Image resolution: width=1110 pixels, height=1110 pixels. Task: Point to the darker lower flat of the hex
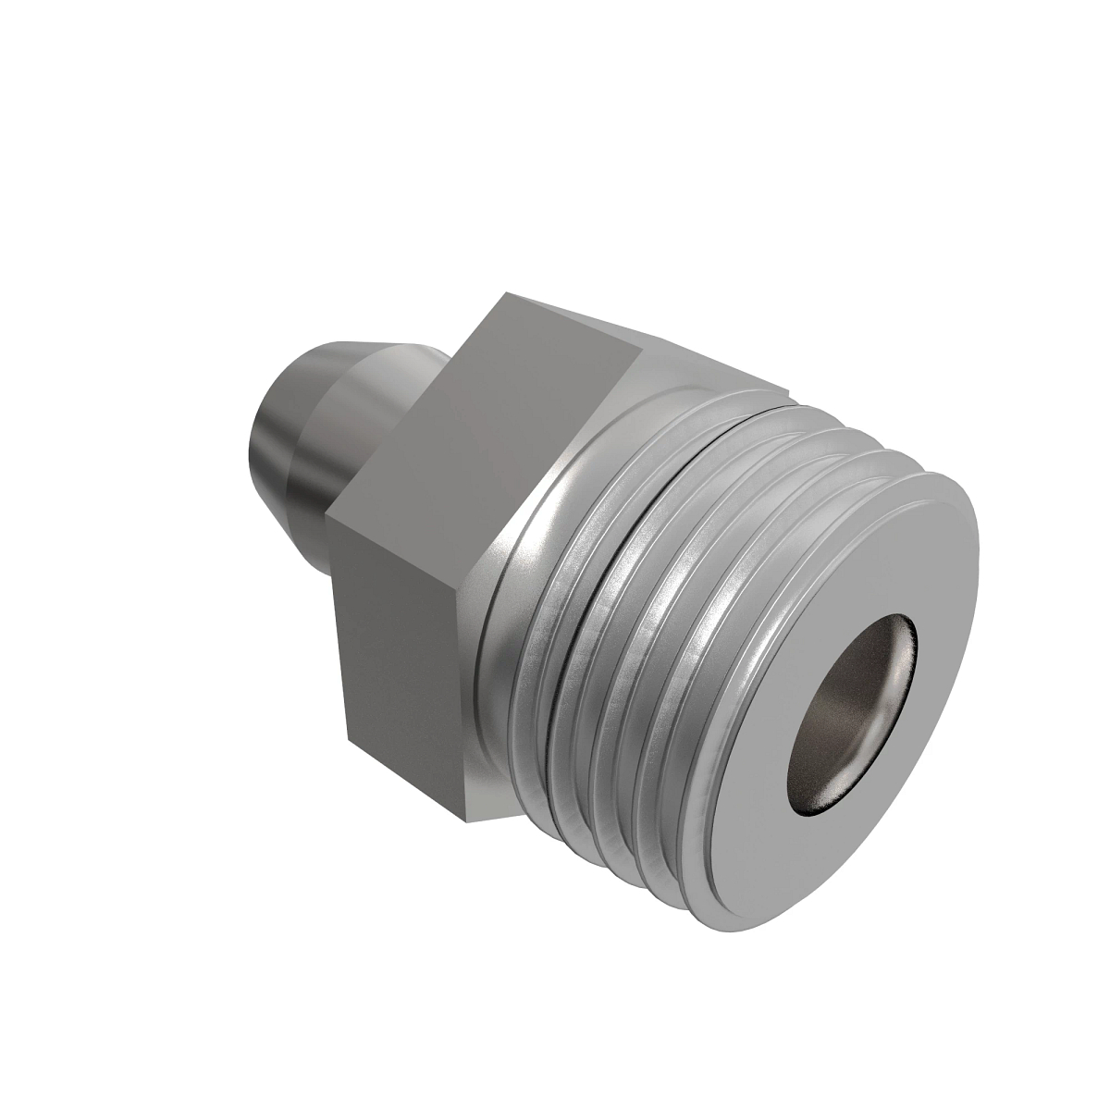(398, 647)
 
